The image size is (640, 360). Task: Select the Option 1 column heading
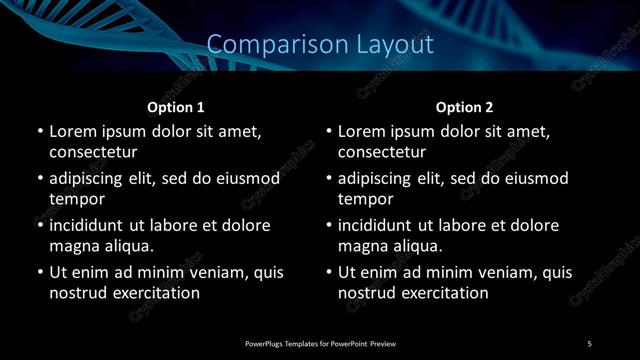click(x=176, y=107)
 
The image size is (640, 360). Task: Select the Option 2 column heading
click(x=464, y=107)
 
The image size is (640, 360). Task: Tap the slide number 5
click(x=589, y=344)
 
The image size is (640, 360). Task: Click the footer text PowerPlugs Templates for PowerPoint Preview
click(x=321, y=344)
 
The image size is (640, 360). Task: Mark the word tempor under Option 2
click(x=365, y=200)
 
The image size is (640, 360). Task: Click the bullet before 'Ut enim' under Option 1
click(x=39, y=272)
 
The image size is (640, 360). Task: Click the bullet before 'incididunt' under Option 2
click(x=328, y=225)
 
